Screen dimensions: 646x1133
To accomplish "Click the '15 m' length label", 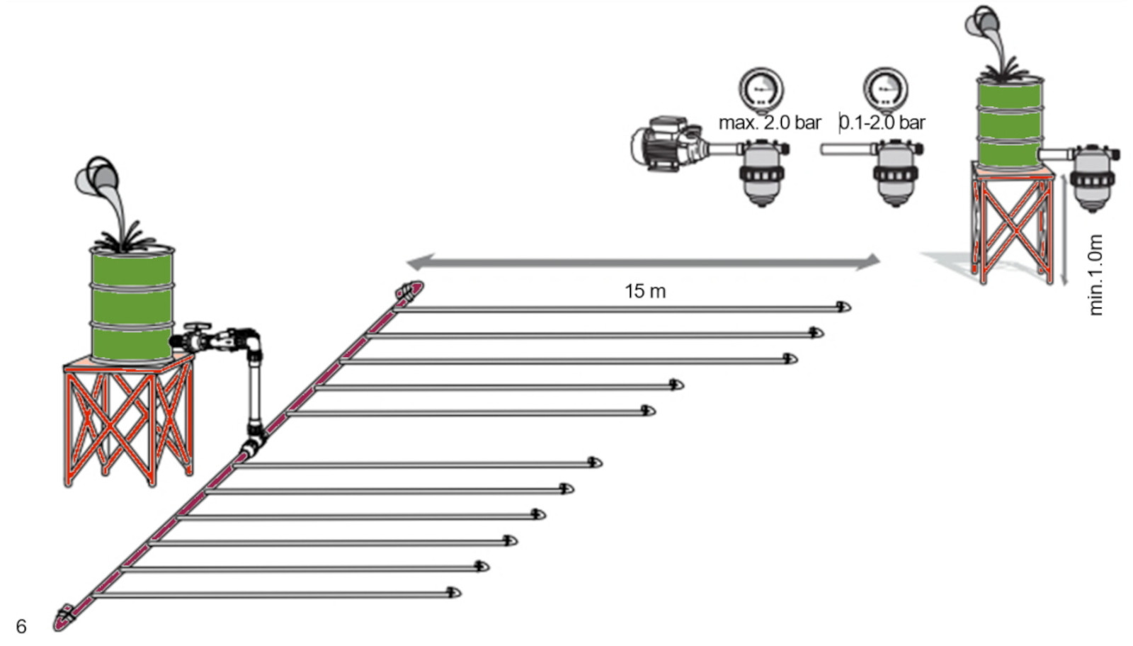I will pyautogui.click(x=644, y=291).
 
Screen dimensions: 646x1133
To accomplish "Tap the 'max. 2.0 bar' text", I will pyautogui.click(x=770, y=123).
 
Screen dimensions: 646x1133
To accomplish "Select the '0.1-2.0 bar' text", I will pyautogui.click(x=882, y=123).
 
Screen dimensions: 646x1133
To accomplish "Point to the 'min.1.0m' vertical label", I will pyautogui.click(x=1095, y=275).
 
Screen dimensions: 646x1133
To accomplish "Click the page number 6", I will pyautogui.click(x=21, y=626).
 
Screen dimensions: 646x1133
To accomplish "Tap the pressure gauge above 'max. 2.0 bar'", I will pyautogui.click(x=761, y=89).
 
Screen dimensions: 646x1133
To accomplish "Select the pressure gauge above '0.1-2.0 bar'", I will pyautogui.click(x=885, y=89).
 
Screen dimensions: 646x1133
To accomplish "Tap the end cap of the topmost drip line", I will pyautogui.click(x=843, y=307).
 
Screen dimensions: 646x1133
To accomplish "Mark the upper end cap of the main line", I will pyautogui.click(x=410, y=290).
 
